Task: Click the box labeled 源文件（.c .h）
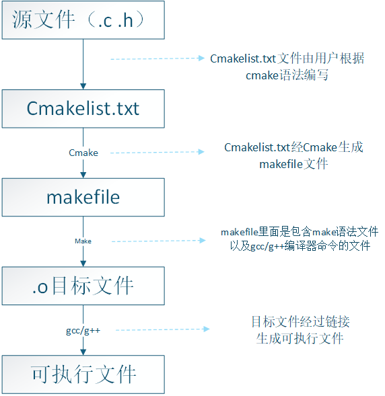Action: click(83, 20)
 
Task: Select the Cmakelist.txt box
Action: click(83, 108)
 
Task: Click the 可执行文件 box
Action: click(83, 374)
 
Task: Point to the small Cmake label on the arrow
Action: click(83, 153)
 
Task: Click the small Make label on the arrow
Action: click(83, 241)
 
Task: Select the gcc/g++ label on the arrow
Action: click(83, 330)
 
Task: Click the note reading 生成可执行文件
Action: click(300, 338)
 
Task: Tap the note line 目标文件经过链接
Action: click(300, 321)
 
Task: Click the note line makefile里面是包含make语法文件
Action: click(300, 232)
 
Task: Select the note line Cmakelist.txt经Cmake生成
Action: click(293, 147)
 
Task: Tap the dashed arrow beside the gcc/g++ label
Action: click(159, 329)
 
